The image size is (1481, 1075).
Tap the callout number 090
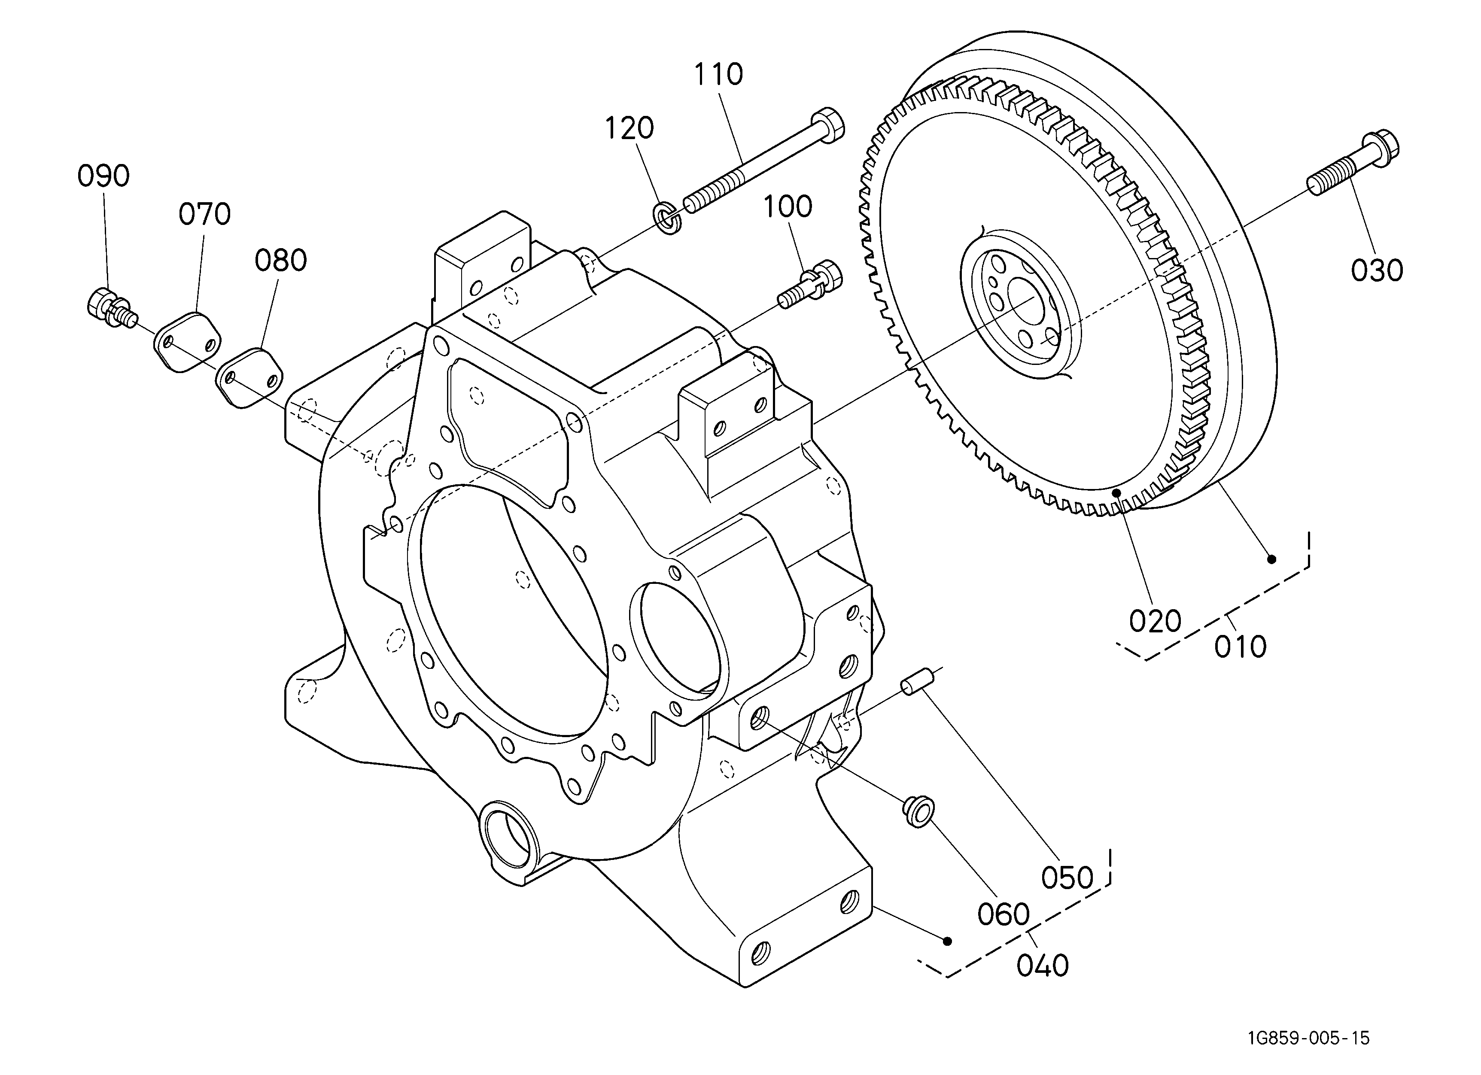coord(103,176)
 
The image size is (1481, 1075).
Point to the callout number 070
coord(204,214)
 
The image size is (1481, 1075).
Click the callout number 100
coord(788,207)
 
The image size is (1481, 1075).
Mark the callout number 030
coord(1377,270)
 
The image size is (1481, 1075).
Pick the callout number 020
coord(1155,621)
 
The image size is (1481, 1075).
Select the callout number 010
coord(1240,647)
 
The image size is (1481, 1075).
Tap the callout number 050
coord(1067,878)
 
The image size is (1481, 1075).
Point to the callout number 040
coord(1042,966)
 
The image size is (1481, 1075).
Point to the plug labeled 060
coord(918,812)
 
